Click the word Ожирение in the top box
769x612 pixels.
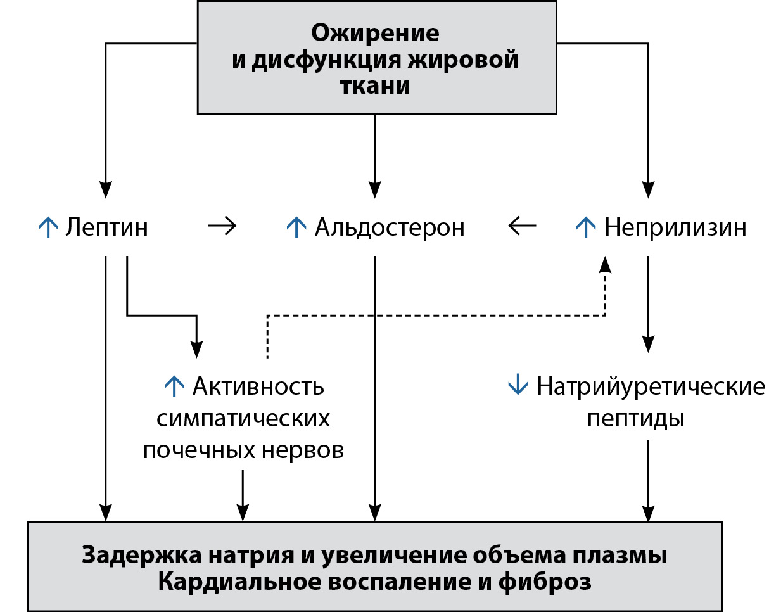coord(375,32)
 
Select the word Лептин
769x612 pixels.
coord(106,227)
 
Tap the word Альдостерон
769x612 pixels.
coord(390,227)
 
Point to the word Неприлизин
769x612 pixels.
coord(675,227)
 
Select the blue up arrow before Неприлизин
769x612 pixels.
coord(585,227)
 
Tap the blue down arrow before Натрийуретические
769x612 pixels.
coord(518,385)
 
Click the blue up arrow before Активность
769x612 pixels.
coord(174,385)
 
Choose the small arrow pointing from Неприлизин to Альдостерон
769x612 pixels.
coord(521,226)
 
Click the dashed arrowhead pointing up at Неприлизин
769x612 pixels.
coord(606,262)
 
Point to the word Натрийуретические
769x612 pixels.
coord(651,386)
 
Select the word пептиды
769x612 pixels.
coord(635,419)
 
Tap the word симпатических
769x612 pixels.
coord(243,419)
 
